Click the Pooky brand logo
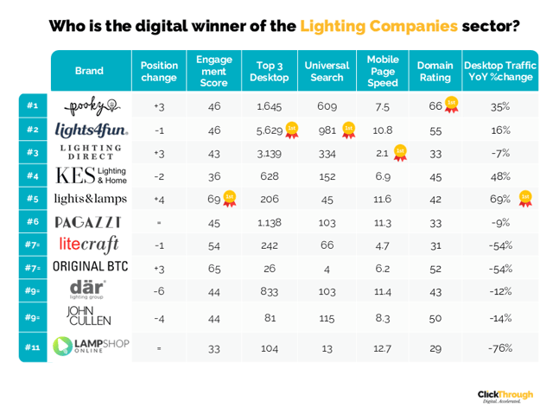point(92,105)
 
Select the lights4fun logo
point(92,130)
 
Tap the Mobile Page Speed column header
point(383,71)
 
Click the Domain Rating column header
point(435,72)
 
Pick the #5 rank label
point(33,199)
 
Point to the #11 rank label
point(32,347)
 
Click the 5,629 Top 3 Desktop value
point(270,130)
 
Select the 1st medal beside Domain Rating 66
point(451,105)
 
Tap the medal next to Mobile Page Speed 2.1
point(400,153)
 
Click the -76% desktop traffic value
point(500,347)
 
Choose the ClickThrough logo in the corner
point(505,396)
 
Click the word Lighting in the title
point(333,27)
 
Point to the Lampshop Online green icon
point(62,346)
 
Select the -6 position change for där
point(159,291)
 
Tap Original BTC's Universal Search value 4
point(327,270)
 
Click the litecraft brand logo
point(89,245)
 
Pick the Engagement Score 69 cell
point(214,199)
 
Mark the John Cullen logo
point(89,315)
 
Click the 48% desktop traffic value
point(500,176)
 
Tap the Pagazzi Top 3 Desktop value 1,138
point(270,223)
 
